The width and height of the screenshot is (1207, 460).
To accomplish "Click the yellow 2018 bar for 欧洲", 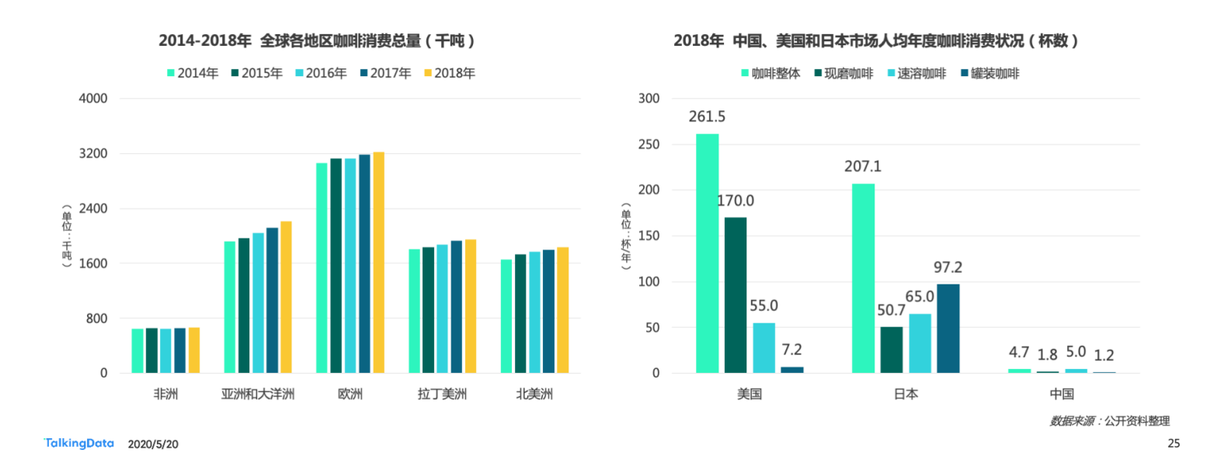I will [378, 263].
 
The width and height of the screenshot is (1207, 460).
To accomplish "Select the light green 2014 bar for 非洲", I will [137, 350].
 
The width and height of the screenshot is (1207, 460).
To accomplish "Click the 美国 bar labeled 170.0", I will [736, 295].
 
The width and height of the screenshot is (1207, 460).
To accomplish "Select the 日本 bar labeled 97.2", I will [948, 328].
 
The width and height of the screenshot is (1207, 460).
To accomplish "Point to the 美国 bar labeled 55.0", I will [764, 347].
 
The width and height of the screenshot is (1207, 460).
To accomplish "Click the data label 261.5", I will [707, 117].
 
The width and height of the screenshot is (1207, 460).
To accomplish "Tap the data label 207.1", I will [863, 166].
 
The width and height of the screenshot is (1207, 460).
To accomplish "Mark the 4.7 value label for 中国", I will [1019, 352].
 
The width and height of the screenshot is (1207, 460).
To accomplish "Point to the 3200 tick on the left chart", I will [92, 154].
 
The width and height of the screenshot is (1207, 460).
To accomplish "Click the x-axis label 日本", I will [906, 394].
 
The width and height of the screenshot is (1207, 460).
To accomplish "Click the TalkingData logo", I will [78, 443].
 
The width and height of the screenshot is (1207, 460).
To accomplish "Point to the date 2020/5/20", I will [153, 444].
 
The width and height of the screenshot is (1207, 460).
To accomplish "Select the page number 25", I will [1174, 443].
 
